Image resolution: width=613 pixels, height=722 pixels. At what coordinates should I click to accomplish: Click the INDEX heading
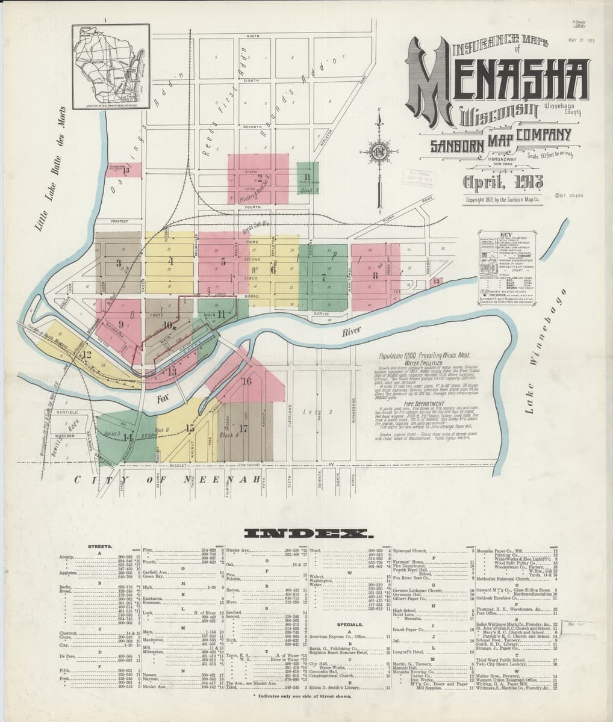tap(310, 533)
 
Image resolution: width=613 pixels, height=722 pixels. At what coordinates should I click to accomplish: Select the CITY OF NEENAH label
tap(169, 480)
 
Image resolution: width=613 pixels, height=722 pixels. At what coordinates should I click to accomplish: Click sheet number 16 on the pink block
tap(246, 381)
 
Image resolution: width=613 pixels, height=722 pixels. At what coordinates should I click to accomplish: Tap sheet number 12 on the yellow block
tap(87, 354)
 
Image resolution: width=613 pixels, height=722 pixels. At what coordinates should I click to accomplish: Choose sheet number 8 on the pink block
tap(375, 276)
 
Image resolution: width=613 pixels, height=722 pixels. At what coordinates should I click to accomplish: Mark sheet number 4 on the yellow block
tap(171, 261)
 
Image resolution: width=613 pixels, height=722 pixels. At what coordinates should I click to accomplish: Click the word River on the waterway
tap(350, 332)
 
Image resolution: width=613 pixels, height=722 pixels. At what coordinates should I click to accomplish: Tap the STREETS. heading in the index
tap(98, 546)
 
